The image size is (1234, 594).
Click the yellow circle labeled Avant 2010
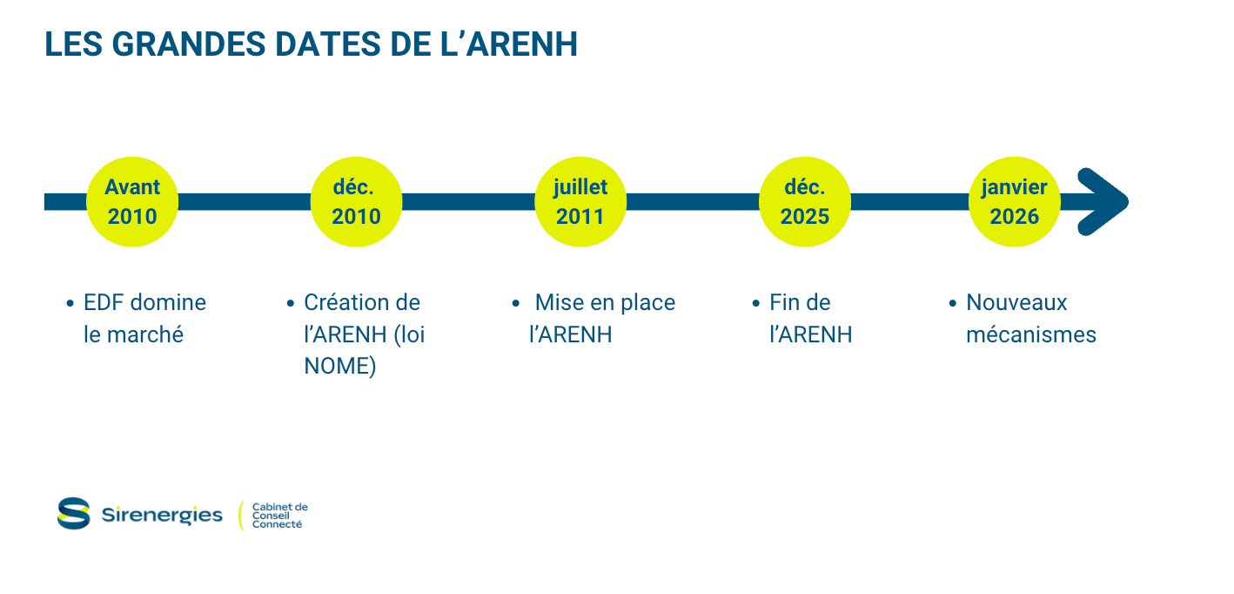pos(132,202)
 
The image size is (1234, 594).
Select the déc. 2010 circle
pos(356,202)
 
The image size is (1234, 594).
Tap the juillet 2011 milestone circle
pos(580,202)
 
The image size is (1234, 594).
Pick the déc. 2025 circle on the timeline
pos(804,202)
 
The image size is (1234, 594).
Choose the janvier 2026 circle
pos(1014,202)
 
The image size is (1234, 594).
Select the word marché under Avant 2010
pos(145,334)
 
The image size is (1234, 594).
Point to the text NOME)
pos(340,367)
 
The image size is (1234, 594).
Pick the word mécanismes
pos(1031,334)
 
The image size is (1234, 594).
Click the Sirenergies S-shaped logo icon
pos(74,513)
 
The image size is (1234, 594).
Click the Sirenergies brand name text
pos(162,515)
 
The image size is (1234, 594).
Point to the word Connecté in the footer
pos(277,524)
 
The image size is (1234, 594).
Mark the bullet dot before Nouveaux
pos(953,304)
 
